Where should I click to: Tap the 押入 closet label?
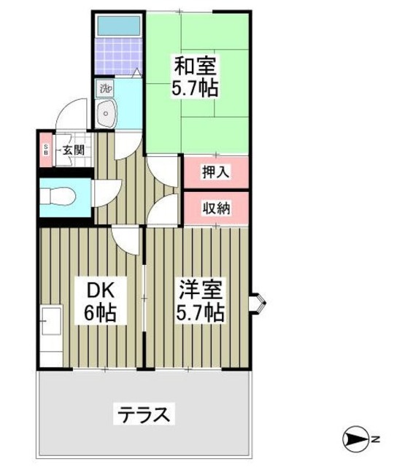[x=216, y=172]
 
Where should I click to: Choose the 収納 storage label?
[x=216, y=208]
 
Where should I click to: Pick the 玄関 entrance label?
[x=73, y=151]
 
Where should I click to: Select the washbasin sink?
[x=107, y=113]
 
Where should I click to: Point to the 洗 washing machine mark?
[x=106, y=89]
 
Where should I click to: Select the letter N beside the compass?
[x=375, y=440]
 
